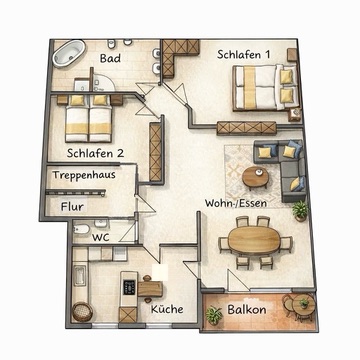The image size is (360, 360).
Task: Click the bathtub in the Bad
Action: (69, 54)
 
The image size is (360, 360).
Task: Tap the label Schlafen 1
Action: (243, 54)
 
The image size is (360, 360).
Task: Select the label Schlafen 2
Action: (96, 153)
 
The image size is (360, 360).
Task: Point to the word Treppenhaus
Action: (84, 175)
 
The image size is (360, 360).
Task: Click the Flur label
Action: (72, 207)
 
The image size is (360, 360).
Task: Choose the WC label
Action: (101, 238)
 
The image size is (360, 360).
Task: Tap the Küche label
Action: (167, 309)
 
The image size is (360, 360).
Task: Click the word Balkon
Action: (247, 310)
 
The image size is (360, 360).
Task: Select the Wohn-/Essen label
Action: (236, 203)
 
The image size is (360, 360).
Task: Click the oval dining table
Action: (255, 241)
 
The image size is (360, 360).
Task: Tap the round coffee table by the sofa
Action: (255, 177)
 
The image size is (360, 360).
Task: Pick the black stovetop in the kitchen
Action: (129, 287)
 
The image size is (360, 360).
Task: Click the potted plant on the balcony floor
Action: (213, 315)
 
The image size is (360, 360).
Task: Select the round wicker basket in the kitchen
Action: (82, 312)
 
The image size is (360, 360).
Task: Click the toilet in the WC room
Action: (81, 229)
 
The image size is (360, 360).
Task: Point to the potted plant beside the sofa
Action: (300, 211)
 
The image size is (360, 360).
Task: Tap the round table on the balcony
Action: (304, 305)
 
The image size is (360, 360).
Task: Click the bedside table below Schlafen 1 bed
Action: (295, 115)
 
